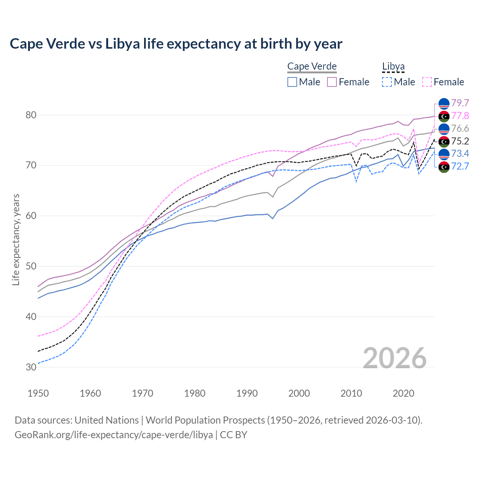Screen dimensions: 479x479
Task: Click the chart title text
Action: point(176,44)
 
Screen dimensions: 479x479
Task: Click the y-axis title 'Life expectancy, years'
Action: point(16,239)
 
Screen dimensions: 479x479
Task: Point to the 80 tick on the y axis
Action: point(31,115)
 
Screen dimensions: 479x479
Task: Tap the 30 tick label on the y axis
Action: point(31,367)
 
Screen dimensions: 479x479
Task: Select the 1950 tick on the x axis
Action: point(38,393)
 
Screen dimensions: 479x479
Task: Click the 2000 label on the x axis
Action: point(299,393)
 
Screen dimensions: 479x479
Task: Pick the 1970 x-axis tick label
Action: point(143,393)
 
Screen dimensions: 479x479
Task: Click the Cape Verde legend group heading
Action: point(312,66)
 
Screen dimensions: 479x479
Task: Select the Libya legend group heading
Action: point(393,66)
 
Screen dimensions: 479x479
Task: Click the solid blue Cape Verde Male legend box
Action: point(292,82)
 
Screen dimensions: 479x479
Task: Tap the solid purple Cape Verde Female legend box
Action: point(332,82)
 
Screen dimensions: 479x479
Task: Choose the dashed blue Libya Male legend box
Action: point(387,82)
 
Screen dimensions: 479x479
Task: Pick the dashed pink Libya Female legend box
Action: point(427,82)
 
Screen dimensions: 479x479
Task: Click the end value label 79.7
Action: point(460,103)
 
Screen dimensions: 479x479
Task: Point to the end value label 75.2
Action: point(460,141)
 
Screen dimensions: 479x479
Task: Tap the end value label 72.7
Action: point(460,166)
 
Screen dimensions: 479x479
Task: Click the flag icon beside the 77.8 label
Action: point(444,116)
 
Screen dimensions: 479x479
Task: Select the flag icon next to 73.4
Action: point(444,154)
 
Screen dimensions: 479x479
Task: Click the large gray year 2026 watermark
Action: point(395,358)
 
